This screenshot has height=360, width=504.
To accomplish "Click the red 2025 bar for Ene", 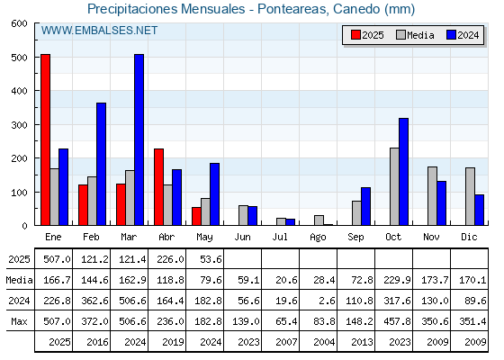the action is (45, 139).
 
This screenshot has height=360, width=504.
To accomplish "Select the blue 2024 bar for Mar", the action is (139, 139).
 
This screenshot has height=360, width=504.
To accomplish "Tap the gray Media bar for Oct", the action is (394, 186).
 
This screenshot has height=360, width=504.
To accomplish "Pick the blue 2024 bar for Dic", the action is (479, 210).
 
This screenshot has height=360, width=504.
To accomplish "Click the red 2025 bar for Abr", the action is (158, 187).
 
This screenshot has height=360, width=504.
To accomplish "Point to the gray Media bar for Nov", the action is (432, 196).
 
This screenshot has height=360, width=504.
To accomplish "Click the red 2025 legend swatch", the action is (355, 35).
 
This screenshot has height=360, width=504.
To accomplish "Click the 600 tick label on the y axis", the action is (19, 23).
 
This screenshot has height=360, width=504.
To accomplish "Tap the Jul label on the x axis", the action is (280, 237).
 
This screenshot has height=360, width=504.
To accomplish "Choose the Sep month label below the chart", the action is (355, 237).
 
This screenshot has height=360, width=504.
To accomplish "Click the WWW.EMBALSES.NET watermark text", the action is (99, 31).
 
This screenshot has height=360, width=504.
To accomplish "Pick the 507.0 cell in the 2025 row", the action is (57, 259).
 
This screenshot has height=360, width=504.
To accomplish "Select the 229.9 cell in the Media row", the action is (397, 280).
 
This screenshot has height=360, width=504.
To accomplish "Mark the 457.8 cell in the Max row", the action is (397, 321).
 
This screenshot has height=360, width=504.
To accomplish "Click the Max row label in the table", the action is (19, 321).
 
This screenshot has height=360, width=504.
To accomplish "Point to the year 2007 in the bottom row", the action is (286, 342).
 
